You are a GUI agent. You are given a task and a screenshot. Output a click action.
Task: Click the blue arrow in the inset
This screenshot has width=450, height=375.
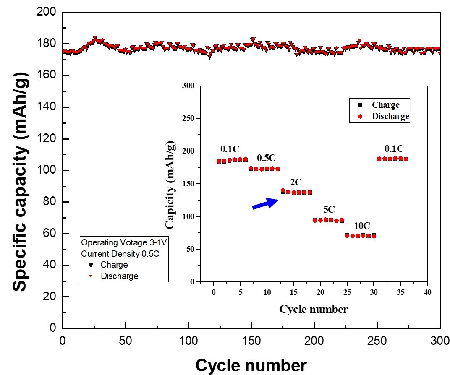click(265, 203)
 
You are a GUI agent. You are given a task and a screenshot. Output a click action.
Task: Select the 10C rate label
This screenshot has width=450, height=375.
click(361, 226)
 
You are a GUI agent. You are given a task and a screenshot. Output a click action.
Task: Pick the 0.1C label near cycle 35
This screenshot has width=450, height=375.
click(394, 148)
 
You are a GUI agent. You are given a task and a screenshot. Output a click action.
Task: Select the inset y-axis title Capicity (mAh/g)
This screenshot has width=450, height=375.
click(170, 184)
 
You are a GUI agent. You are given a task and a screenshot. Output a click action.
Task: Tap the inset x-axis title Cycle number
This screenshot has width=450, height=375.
click(314, 310)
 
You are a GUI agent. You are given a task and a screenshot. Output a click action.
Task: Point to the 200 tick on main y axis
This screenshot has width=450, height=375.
click(47, 13)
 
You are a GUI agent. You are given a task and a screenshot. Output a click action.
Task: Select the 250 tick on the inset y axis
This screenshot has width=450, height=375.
click(190, 119)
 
